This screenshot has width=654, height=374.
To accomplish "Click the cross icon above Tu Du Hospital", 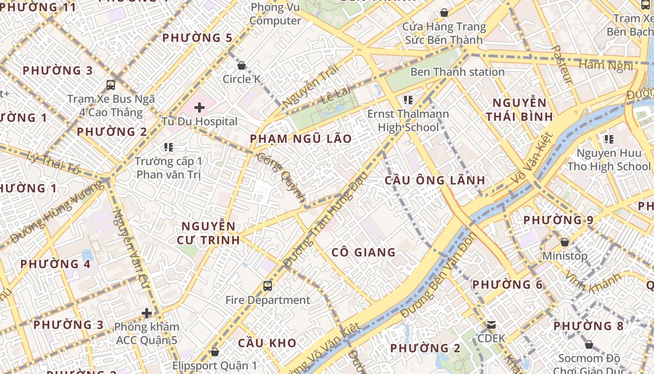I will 199,108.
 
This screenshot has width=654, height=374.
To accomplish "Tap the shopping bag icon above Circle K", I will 242,65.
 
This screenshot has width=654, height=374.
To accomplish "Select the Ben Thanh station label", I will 457,72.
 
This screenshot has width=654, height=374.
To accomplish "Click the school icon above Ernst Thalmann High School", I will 408,100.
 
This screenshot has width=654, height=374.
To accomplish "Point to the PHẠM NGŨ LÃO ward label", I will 300,139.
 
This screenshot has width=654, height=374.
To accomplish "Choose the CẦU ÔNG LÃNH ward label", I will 434,180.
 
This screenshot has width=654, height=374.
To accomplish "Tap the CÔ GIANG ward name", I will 363,252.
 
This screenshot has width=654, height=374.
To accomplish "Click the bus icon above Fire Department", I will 268,286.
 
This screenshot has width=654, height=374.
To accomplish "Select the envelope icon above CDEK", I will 491,324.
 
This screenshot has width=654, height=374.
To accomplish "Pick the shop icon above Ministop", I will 564,242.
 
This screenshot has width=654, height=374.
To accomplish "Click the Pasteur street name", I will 562,65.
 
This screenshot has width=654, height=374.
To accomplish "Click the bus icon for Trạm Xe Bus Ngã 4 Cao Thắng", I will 111,85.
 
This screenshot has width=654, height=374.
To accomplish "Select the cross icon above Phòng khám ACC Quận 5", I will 147,313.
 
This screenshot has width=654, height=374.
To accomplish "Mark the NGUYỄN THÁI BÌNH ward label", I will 519,109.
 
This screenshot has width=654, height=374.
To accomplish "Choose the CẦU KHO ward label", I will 267,343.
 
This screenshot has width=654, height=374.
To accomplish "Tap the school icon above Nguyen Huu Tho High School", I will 609,139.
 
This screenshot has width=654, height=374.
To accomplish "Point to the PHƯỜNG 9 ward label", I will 558,220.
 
